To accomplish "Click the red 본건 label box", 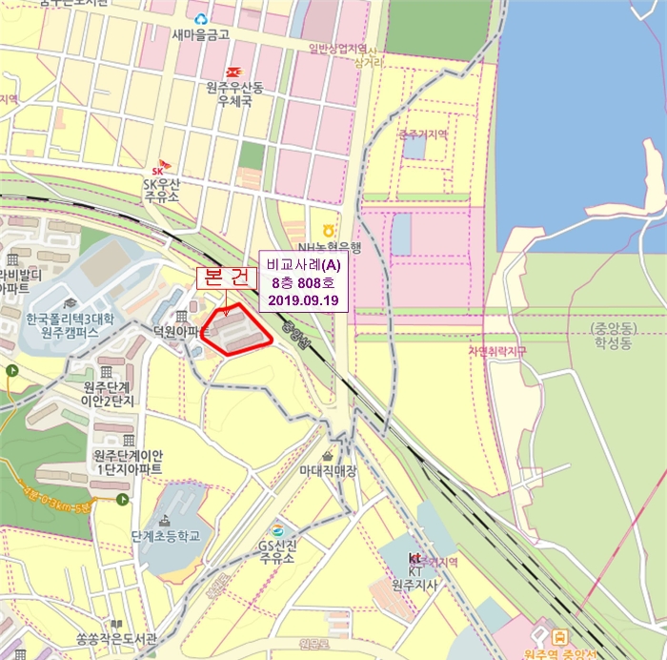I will tap(226, 278).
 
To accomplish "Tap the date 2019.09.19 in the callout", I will tap(304, 300).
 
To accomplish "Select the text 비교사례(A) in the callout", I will tap(304, 264).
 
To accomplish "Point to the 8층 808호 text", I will tap(304, 282).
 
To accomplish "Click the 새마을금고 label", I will tap(202, 35).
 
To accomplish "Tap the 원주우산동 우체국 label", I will tap(233, 93).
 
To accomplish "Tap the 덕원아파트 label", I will tap(180, 332).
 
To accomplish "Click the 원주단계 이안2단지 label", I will tap(109, 393).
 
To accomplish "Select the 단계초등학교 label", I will tap(167, 536).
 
